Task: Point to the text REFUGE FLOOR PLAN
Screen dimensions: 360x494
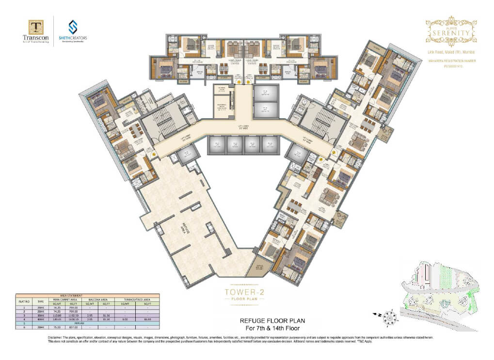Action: tap(272, 320)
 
